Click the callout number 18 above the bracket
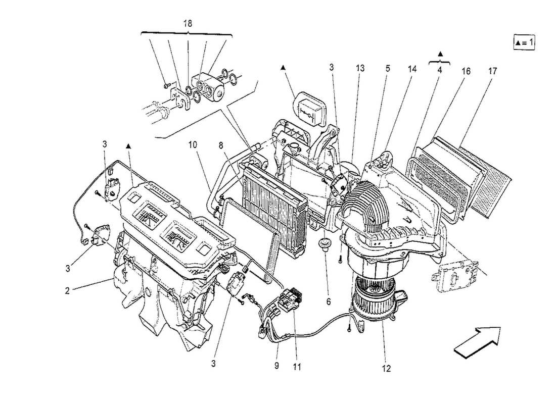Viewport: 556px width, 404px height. [x=187, y=24]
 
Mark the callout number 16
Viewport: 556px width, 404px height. [x=466, y=71]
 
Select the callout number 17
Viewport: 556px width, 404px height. [x=492, y=71]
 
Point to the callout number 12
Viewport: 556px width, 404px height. [x=387, y=369]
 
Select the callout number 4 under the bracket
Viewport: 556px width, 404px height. [x=440, y=71]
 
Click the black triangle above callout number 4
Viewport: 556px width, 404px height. [x=440, y=54]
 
